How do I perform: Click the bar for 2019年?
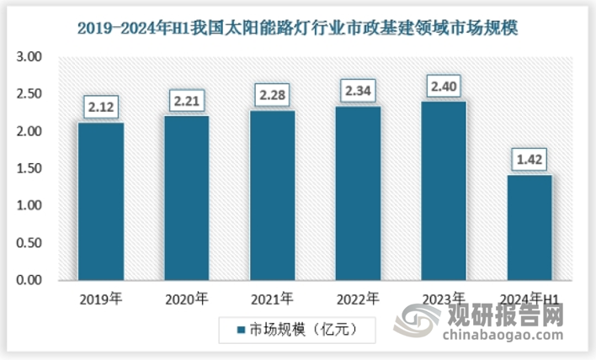tap(100, 201)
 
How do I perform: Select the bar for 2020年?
tap(187, 198)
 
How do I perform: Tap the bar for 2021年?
tap(273, 195)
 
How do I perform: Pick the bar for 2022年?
tap(359, 193)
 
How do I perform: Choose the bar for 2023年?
tap(444, 191)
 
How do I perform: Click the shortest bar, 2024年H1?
tap(530, 227)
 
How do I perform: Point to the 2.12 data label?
tap(100, 107)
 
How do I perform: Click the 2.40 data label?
tap(444, 86)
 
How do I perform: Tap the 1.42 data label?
tap(530, 159)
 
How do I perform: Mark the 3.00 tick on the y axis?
tap(30, 57)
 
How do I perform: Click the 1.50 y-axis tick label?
tap(30, 168)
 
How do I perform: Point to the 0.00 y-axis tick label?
tap(30, 279)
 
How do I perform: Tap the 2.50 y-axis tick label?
tap(30, 94)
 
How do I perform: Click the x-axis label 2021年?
tap(273, 298)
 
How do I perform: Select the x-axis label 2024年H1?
tap(530, 298)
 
